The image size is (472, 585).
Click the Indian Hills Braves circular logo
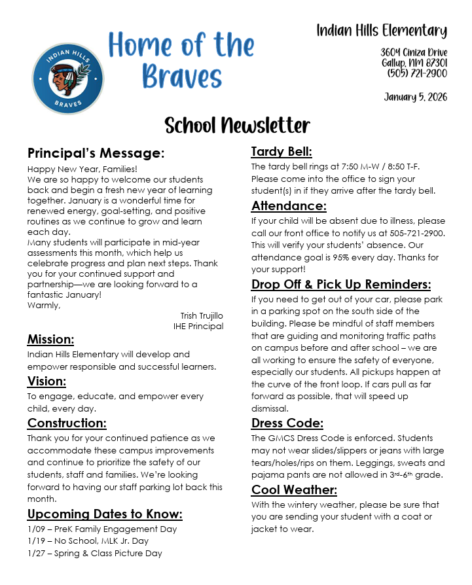[x=67, y=79]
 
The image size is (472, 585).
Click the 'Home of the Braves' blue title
[x=181, y=60]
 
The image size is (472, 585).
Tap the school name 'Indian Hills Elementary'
[x=382, y=30]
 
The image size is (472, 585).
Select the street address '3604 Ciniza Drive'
[x=414, y=52]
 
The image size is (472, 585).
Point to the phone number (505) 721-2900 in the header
[x=417, y=73]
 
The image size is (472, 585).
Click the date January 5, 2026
[x=415, y=97]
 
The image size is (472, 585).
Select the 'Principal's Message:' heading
[x=96, y=153]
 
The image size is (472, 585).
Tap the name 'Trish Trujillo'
[x=202, y=315]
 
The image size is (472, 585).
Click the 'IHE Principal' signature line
[x=198, y=326]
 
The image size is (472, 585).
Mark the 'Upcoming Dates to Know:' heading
[x=105, y=514]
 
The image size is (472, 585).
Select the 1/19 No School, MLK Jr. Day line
[x=88, y=541]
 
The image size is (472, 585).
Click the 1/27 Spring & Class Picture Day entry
[x=95, y=553]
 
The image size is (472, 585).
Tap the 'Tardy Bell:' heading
[x=281, y=152]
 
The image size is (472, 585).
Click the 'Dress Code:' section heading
[x=287, y=423]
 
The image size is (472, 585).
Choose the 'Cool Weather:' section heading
[x=294, y=489]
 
